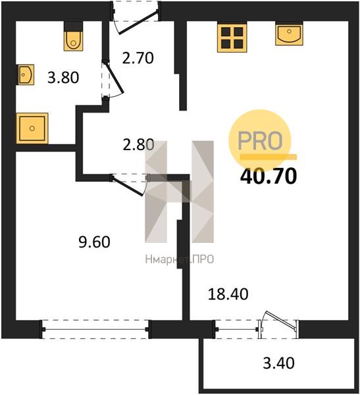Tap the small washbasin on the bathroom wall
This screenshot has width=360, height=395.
pyautogui.click(x=25, y=74)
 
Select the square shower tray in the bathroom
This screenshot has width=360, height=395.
pyautogui.click(x=32, y=128)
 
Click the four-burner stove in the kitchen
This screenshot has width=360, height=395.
pyautogui.click(x=232, y=37)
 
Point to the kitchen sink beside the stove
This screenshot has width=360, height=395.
pyautogui.click(x=289, y=34)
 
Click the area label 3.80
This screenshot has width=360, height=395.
pyautogui.click(x=63, y=78)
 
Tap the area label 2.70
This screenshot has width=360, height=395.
pyautogui.click(x=138, y=58)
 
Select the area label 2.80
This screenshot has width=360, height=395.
pyautogui.click(x=138, y=145)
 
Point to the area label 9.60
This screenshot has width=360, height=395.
pyautogui.click(x=94, y=242)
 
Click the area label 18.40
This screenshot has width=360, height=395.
pyautogui.click(x=228, y=294)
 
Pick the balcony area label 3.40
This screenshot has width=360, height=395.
pyautogui.click(x=278, y=363)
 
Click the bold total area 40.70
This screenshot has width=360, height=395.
pyautogui.click(x=269, y=176)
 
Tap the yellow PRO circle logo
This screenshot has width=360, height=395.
pyautogui.click(x=260, y=141)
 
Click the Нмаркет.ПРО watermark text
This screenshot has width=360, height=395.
pyautogui.click(x=180, y=259)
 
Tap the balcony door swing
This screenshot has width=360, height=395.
pyautogui.click(x=278, y=320)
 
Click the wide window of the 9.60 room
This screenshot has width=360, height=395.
pyautogui.click(x=95, y=329)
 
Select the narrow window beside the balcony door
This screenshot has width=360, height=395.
pyautogui.click(x=237, y=329)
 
